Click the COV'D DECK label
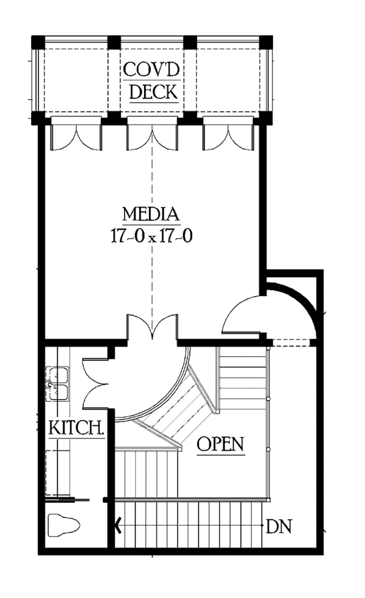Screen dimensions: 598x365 (x=151, y=80)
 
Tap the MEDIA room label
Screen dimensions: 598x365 (x=151, y=215)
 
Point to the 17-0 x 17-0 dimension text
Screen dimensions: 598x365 (x=151, y=236)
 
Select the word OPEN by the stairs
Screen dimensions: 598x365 (x=221, y=444)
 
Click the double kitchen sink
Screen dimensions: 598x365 (x=58, y=384)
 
